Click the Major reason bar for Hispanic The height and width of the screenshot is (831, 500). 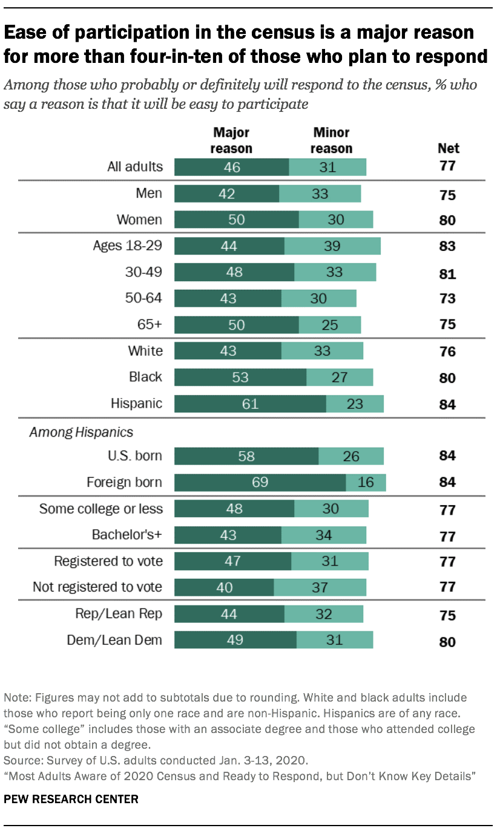pos(250,404)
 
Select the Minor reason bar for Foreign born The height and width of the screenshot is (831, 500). pos(366,483)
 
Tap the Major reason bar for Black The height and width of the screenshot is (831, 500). pos(240,377)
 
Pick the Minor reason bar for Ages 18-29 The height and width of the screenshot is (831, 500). pos(332,246)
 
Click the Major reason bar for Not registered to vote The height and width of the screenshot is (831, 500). pos(224,587)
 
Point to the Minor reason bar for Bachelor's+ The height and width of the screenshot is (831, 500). pos(324,535)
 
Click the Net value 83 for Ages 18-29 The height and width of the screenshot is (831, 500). pos(447,247)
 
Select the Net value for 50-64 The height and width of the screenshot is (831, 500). pos(447,299)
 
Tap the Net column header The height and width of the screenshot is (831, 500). pos(448,148)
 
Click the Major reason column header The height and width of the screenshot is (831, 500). pos(231,140)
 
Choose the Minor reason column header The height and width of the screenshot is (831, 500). pos(332,140)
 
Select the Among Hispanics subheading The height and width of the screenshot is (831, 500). pos(82,432)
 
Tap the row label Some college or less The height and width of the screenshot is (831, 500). pos(101,509)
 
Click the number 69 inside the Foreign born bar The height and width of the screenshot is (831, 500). pos(260,483)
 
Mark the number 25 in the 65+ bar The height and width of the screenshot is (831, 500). pos(329,325)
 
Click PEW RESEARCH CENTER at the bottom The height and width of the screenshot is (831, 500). pos(71,800)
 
